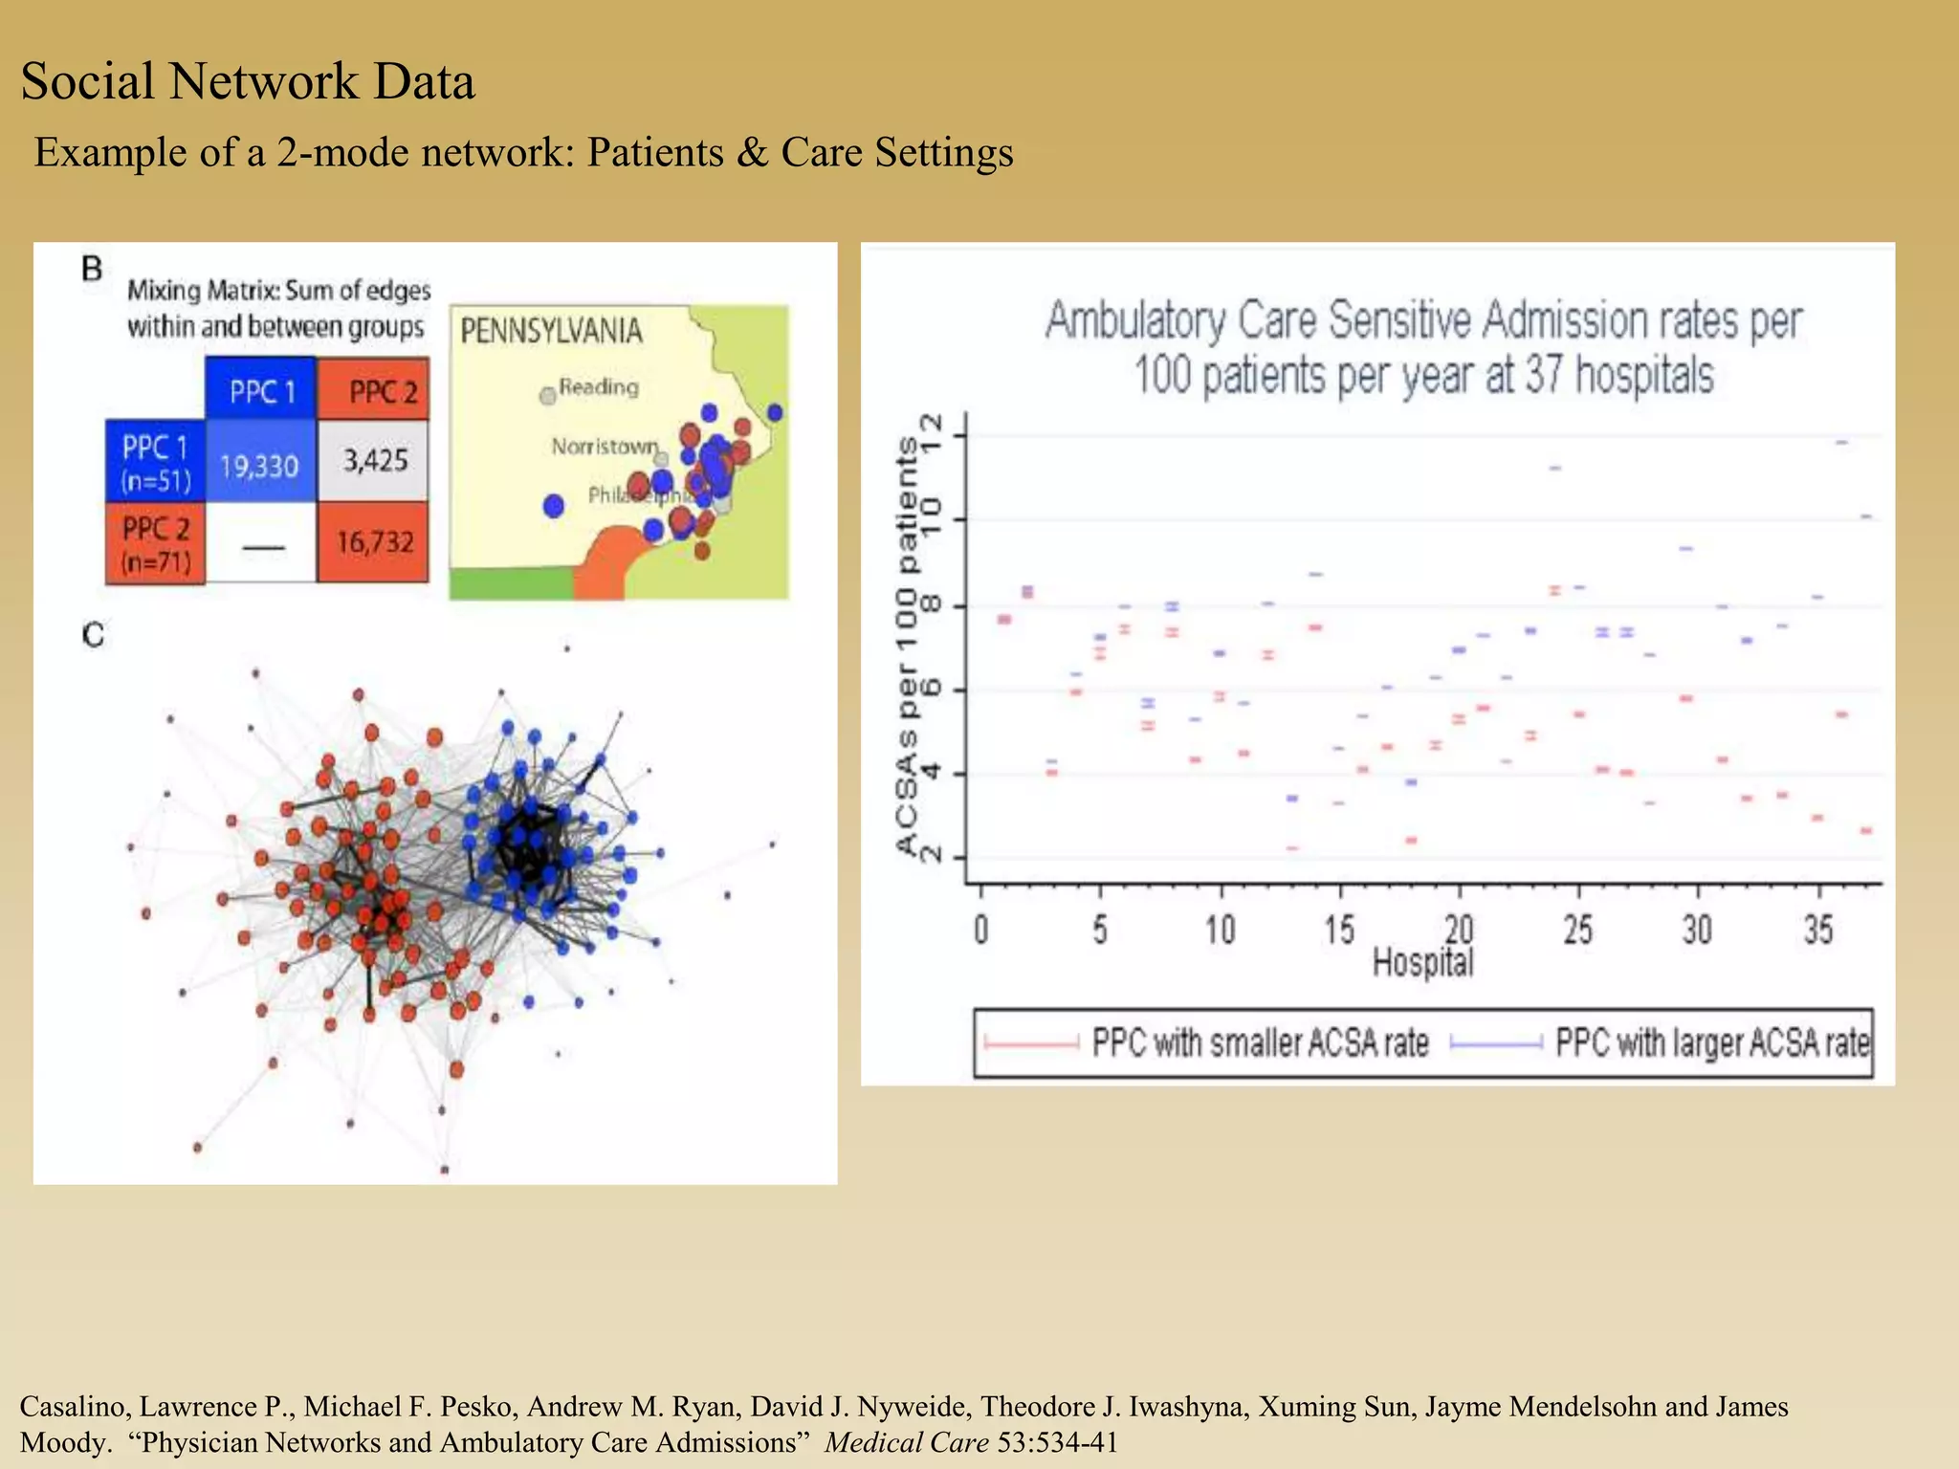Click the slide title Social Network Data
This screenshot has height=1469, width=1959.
pos(247,81)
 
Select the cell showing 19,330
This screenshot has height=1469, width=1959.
pos(259,466)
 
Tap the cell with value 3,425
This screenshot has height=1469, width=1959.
pos(375,461)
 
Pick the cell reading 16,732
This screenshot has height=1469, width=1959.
pos(374,542)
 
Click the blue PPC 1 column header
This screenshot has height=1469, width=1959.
pos(261,390)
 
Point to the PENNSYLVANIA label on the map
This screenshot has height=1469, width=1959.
pos(551,331)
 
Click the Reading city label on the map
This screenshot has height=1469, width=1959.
pos(598,387)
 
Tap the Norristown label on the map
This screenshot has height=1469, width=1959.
pos(605,447)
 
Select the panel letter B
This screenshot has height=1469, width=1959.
pos(92,269)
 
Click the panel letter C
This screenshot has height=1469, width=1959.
pos(92,635)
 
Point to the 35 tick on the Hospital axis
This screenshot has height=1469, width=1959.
pos(1817,929)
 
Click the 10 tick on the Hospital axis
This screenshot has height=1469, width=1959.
pos(1220,929)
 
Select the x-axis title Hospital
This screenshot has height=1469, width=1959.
pos(1422,961)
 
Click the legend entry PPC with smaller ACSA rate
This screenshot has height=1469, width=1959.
pos(1260,1042)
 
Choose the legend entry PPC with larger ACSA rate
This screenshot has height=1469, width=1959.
pos(1710,1042)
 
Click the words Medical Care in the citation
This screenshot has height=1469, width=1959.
pos(906,1442)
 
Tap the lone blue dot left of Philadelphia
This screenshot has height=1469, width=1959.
pos(553,506)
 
